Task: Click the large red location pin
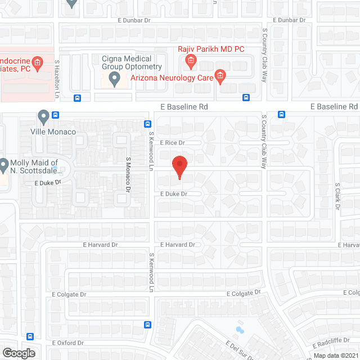tap(179, 166)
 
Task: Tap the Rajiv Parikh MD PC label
tap(211, 49)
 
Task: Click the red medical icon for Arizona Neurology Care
tap(221, 76)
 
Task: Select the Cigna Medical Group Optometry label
tap(127, 62)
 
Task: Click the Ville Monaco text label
tap(54, 132)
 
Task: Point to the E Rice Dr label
tap(172, 143)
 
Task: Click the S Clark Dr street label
tap(337, 196)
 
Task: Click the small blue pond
tap(240, 329)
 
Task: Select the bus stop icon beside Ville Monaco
tap(55, 116)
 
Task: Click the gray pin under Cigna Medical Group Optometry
tap(115, 80)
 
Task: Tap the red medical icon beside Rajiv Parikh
tap(191, 60)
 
